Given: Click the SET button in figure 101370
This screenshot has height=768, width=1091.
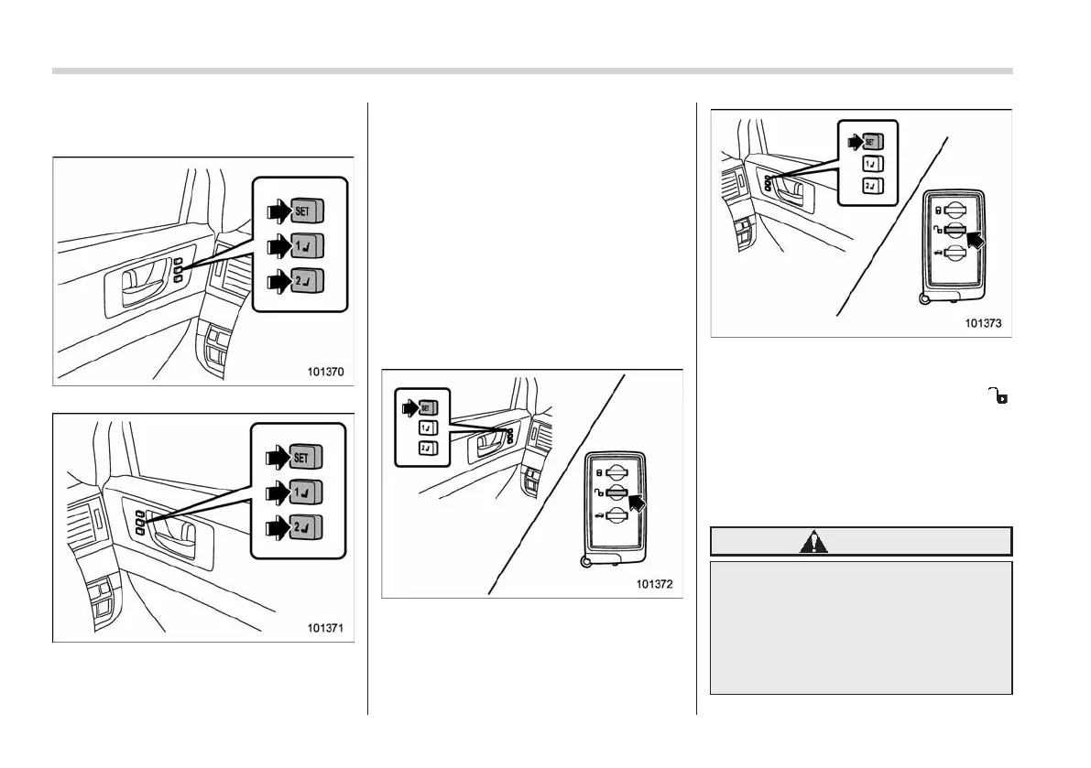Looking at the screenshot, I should coord(307,211).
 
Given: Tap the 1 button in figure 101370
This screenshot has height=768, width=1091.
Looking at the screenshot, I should coord(307,246).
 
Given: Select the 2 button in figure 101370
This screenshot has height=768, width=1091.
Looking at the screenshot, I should coord(307,281).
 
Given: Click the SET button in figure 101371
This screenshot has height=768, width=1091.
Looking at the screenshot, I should coord(306,457).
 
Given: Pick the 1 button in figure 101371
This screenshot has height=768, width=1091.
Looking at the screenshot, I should coord(306,492).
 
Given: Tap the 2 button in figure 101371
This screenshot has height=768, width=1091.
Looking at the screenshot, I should coord(306,527).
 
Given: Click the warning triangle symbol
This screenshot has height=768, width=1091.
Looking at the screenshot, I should coord(813,542).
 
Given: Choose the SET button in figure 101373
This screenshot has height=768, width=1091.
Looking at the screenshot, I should coord(871,143).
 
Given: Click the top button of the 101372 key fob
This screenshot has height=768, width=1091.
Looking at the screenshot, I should coord(616,472).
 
